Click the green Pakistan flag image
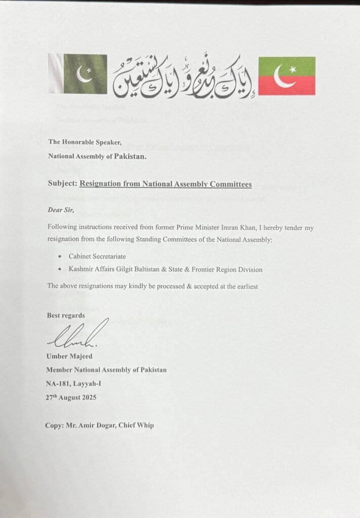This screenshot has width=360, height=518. (78, 74)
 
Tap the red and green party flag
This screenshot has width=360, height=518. (287, 76)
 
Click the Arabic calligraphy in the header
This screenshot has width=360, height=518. (182, 76)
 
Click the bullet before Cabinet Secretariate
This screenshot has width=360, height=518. (60, 257)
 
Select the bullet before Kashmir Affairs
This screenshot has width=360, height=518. (60, 270)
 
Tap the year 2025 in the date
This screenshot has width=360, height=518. (87, 397)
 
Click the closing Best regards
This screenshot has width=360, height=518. (66, 315)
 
